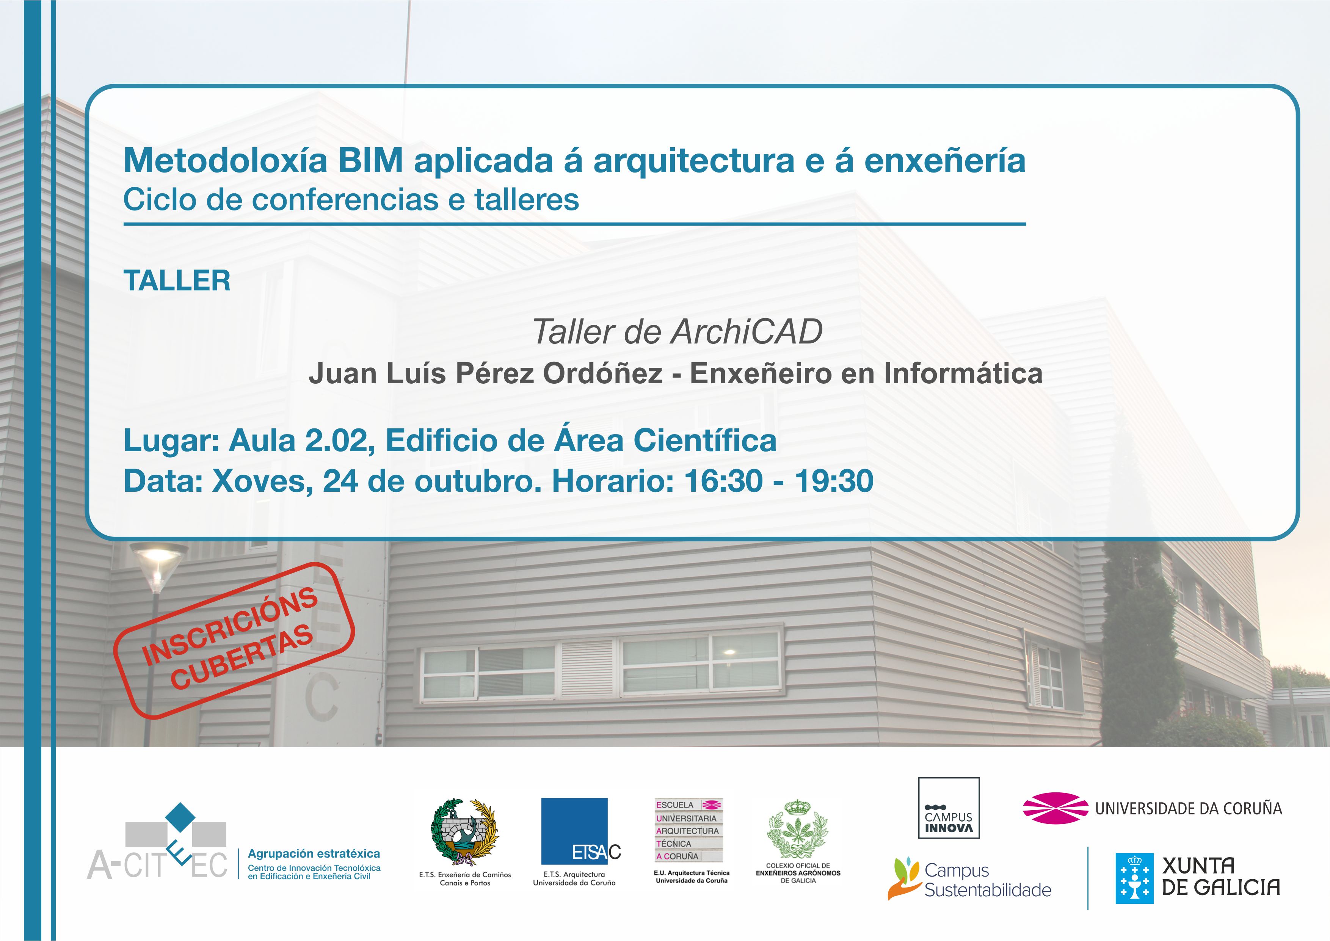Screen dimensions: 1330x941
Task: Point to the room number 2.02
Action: tap(337, 441)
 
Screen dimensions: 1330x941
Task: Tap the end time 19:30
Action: tap(834, 481)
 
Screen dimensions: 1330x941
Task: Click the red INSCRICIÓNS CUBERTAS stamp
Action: tap(234, 640)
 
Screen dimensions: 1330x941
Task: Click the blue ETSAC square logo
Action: tap(574, 831)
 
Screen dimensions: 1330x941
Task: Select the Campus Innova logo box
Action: tap(949, 808)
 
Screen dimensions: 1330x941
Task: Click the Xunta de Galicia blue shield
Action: tap(1135, 878)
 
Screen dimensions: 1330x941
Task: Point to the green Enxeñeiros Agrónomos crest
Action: tap(798, 829)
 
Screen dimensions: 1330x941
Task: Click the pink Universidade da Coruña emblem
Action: tap(1056, 808)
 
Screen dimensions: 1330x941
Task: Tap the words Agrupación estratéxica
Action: tap(314, 853)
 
